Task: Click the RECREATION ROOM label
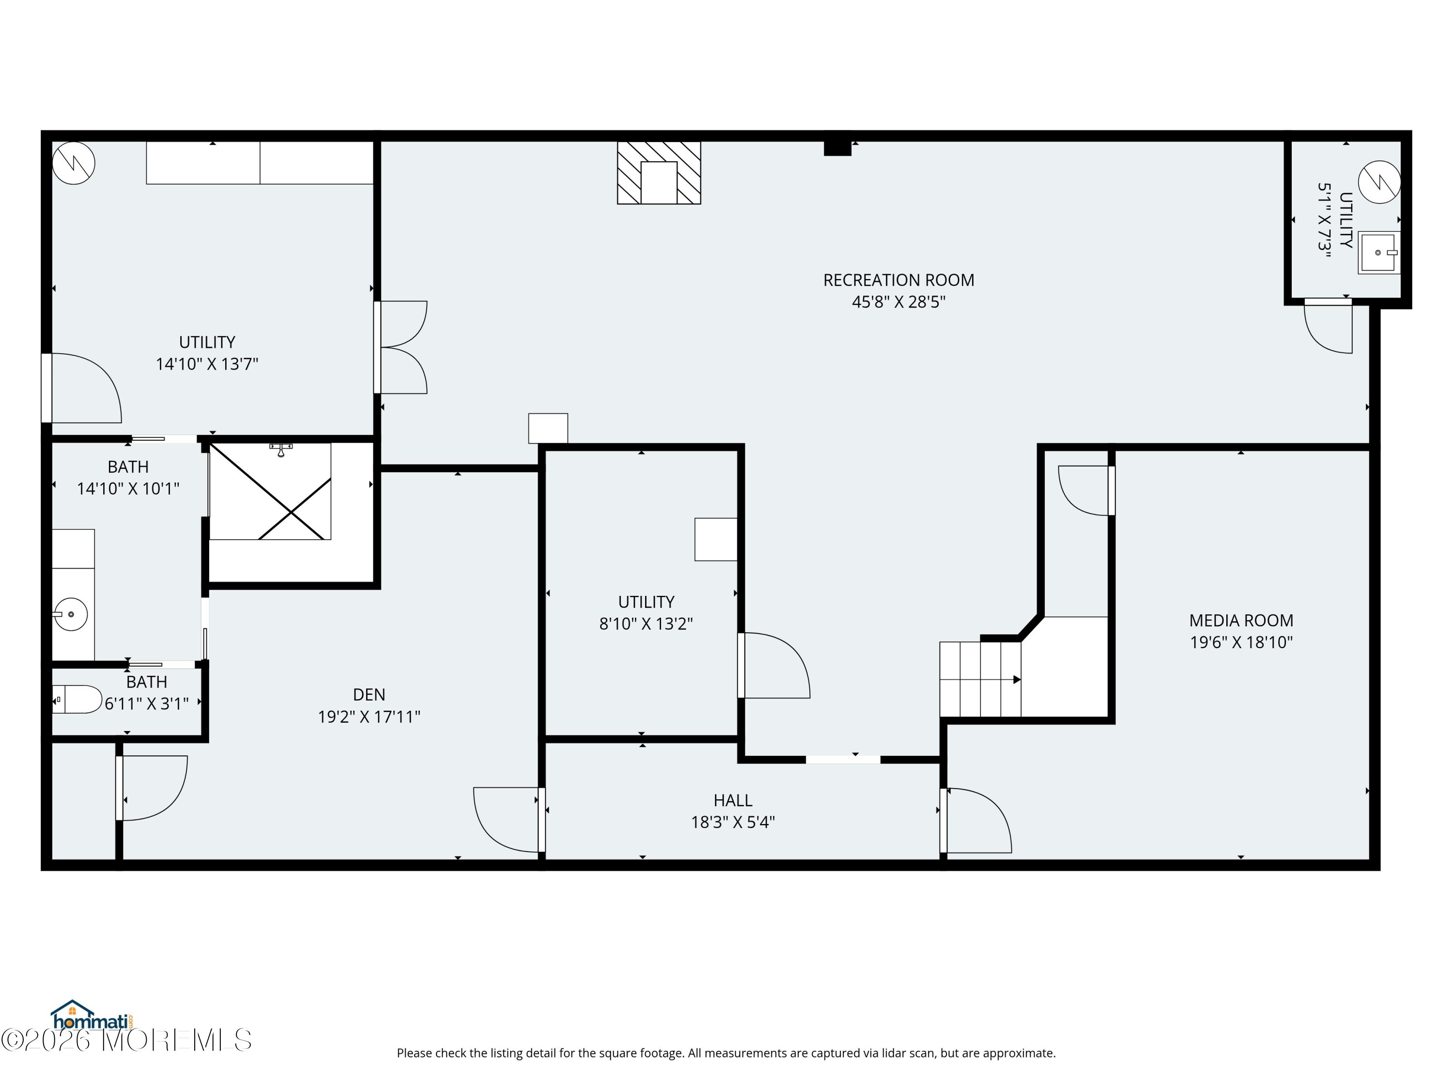(x=898, y=280)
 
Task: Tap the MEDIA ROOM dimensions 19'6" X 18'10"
(x=1241, y=642)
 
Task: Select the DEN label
(x=369, y=695)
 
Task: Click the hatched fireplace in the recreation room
(x=659, y=173)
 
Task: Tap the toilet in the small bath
(x=77, y=700)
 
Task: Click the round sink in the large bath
(x=70, y=615)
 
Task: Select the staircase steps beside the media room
(x=980, y=679)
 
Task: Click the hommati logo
(x=92, y=1015)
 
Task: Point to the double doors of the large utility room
(x=401, y=347)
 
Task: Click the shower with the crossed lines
(x=270, y=491)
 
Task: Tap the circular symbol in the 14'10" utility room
(x=74, y=163)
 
